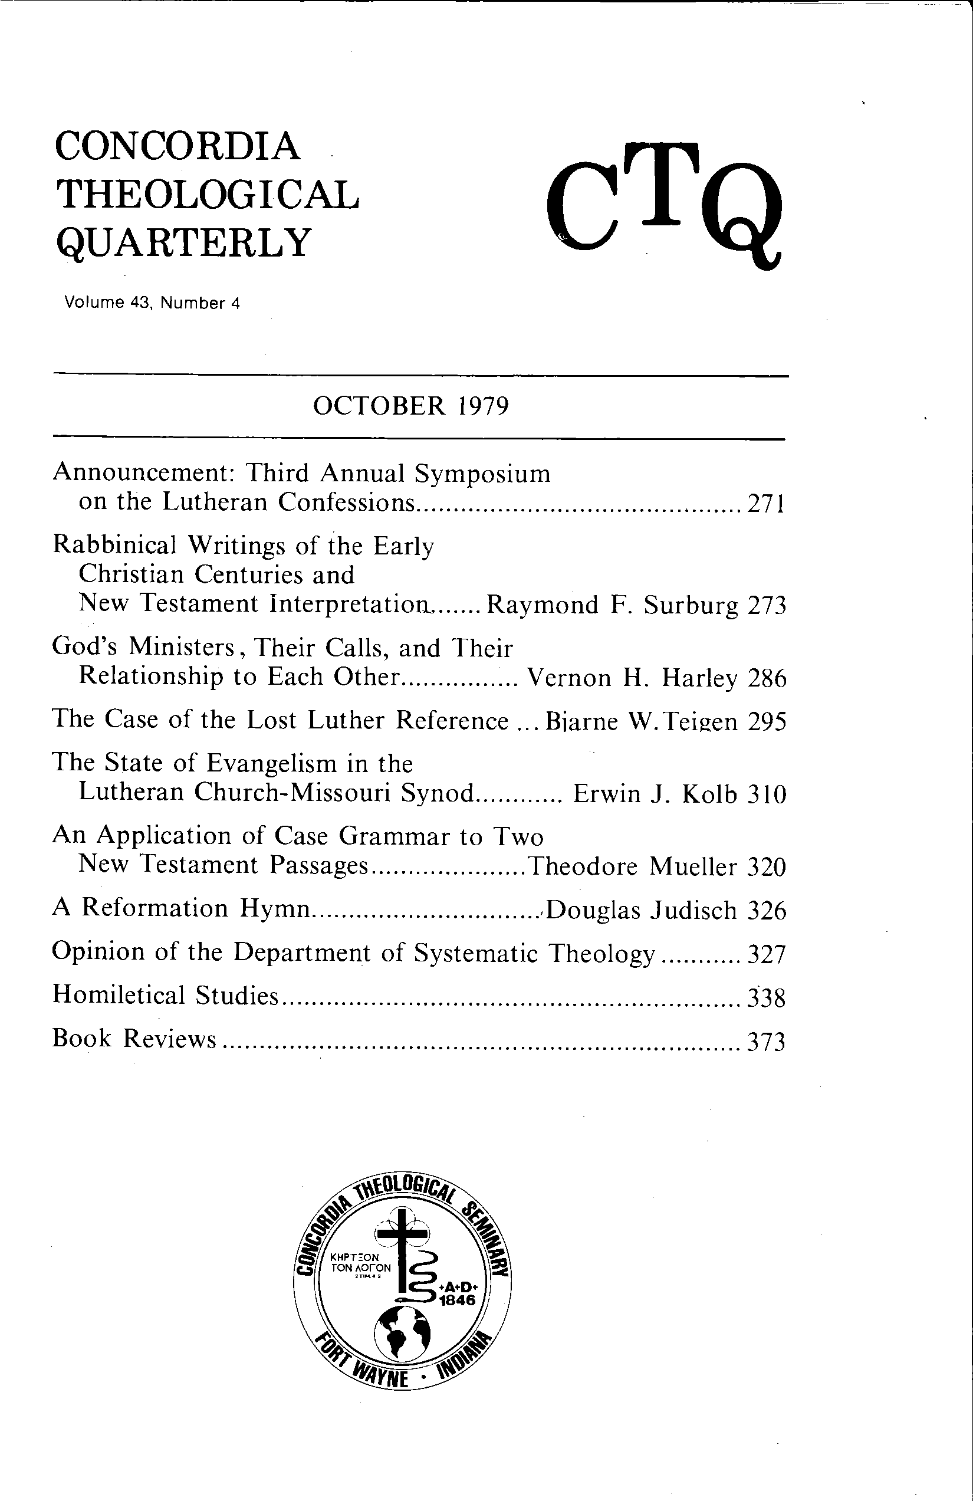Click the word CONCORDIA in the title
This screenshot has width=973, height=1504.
point(177,146)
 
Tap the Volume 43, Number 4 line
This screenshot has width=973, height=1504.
point(152,303)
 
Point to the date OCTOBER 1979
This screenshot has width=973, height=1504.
point(410,406)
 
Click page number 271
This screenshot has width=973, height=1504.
point(766,504)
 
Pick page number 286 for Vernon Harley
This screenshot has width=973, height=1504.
point(767,679)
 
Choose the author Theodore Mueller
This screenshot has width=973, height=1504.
point(632,866)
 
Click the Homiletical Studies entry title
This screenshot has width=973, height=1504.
point(166,996)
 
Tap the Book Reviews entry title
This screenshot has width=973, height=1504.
point(134,1038)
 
